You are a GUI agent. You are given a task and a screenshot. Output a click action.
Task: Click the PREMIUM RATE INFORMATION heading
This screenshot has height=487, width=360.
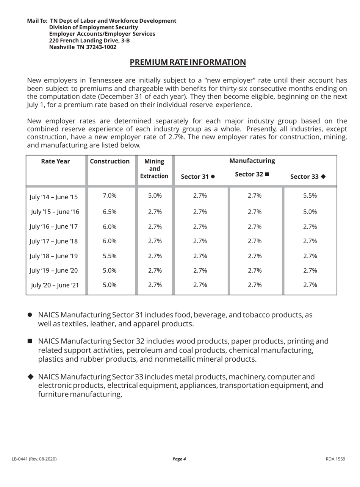click(x=188, y=62)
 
